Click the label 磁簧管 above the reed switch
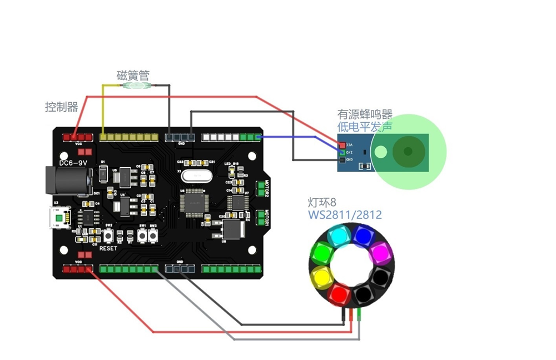(x=132, y=75)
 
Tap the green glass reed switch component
(x=136, y=86)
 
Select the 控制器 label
(x=62, y=107)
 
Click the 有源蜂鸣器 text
(x=365, y=114)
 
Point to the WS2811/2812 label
(x=345, y=214)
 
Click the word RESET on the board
(x=108, y=248)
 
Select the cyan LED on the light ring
(x=337, y=237)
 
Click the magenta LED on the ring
(x=378, y=253)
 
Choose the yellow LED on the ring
(x=320, y=276)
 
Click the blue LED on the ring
(x=361, y=237)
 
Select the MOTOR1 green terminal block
(x=261, y=217)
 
